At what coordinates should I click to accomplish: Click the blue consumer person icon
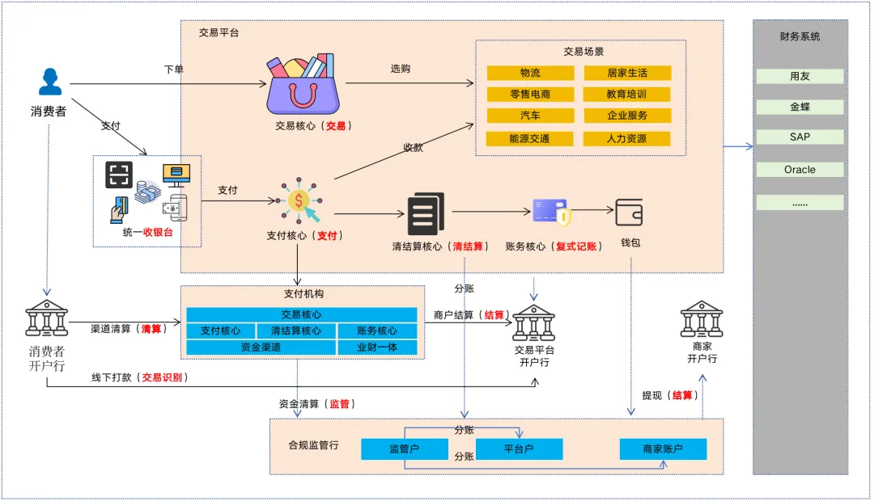[50, 82]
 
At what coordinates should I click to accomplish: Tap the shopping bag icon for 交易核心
[303, 85]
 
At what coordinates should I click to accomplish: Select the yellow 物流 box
[530, 73]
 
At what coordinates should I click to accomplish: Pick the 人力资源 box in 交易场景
[626, 138]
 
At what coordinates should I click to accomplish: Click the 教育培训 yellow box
[626, 94]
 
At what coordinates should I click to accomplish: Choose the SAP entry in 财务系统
[800, 137]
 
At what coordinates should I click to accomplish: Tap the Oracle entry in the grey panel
[800, 170]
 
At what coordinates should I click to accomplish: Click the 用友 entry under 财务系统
[800, 76]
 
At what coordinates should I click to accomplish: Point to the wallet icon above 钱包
[629, 212]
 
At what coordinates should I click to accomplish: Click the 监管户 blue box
[404, 448]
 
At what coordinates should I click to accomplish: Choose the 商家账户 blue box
[663, 448]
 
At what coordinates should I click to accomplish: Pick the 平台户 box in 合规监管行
[519, 448]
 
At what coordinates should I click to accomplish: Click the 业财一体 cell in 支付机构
[376, 347]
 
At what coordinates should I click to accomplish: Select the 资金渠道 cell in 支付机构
[261, 347]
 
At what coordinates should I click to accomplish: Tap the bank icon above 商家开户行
[701, 319]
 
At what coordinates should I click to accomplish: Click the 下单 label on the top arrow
[174, 69]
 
